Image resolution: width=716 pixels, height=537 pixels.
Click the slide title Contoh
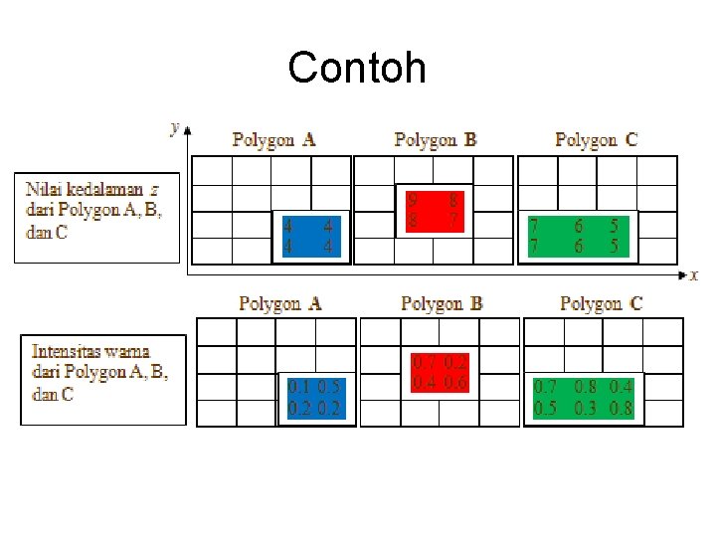(x=357, y=69)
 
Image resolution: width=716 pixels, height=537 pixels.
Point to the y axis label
(x=175, y=127)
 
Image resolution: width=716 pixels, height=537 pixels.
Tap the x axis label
(x=694, y=275)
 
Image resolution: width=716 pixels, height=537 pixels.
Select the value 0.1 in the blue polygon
(x=298, y=388)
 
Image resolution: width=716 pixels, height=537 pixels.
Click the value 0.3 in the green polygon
(x=587, y=408)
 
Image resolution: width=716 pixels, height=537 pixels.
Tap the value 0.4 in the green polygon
(x=622, y=387)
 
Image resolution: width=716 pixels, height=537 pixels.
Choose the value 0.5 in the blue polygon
(x=330, y=388)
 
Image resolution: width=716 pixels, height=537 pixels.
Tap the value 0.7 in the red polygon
(x=424, y=363)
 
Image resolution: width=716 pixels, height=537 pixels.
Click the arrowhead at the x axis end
(x=682, y=273)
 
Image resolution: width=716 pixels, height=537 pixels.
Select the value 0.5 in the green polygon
(x=546, y=408)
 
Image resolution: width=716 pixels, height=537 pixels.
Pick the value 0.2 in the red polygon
(x=456, y=363)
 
